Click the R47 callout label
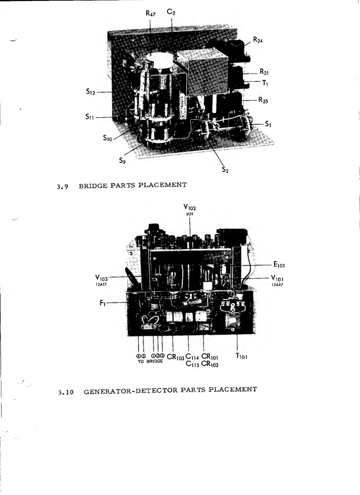pyautogui.click(x=151, y=13)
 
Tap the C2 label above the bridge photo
pyautogui.click(x=171, y=12)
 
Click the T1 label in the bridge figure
pyautogui.click(x=265, y=83)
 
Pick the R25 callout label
pyautogui.click(x=264, y=100)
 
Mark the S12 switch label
pyautogui.click(x=91, y=92)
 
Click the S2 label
pyautogui.click(x=225, y=170)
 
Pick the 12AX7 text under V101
pyautogui.click(x=278, y=285)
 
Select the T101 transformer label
pyautogui.click(x=241, y=356)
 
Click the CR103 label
pyautogui.click(x=175, y=357)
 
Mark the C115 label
pyautogui.click(x=193, y=364)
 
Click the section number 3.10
pyautogui.click(x=66, y=392)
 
